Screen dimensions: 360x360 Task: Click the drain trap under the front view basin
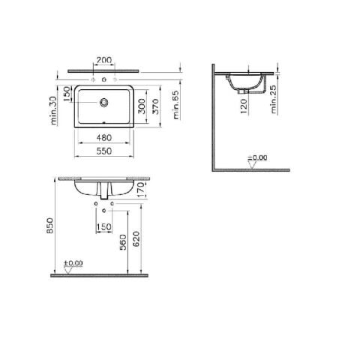click(104, 192)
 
